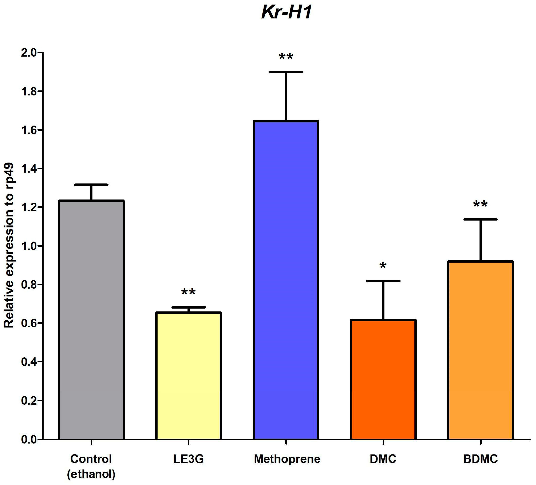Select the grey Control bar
(91, 319)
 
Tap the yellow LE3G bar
(188, 375)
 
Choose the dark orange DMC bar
(383, 379)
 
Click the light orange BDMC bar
(480, 350)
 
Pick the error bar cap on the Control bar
(91, 184)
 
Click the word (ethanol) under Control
(91, 474)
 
